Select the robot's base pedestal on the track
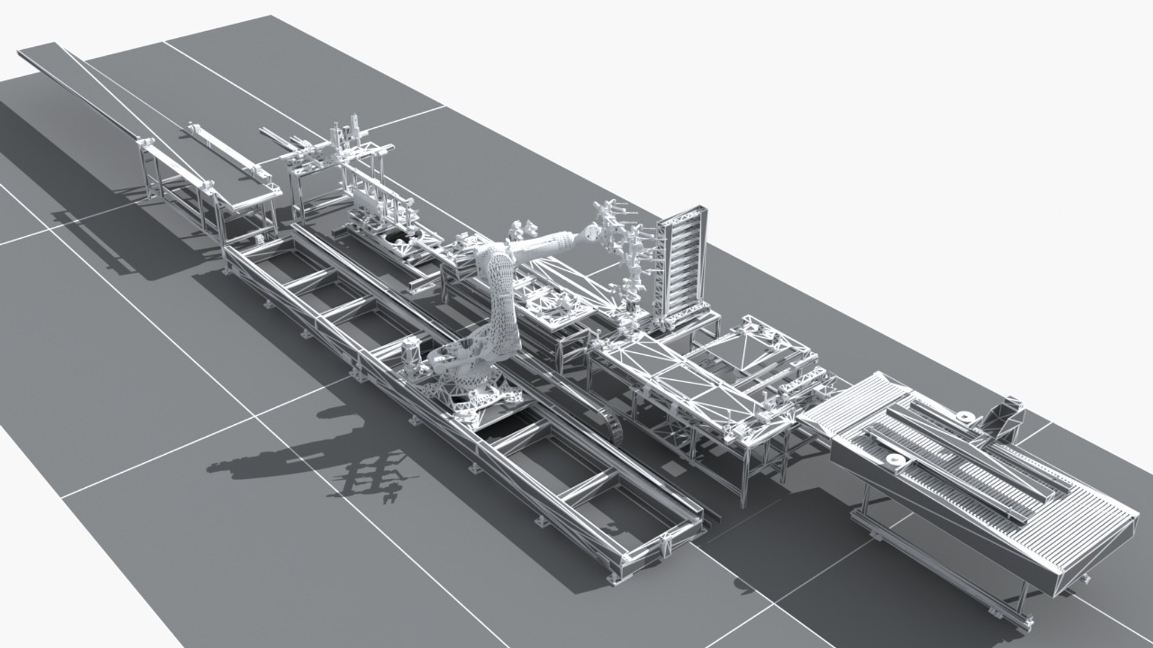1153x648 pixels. tap(474, 390)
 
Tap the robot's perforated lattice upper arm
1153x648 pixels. tap(501, 300)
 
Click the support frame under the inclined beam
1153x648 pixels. tap(180, 192)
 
